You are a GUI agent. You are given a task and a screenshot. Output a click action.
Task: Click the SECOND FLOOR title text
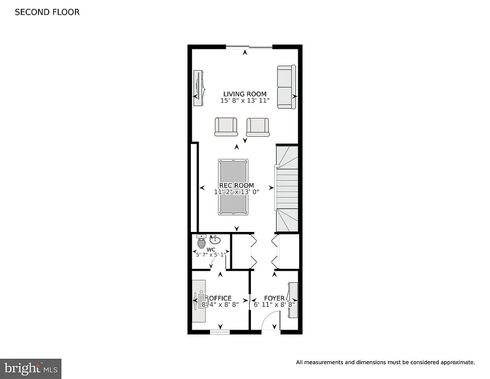click(x=47, y=12)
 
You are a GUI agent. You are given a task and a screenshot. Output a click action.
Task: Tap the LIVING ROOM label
click(x=245, y=94)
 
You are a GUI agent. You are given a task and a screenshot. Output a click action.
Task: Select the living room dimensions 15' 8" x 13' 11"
click(x=245, y=101)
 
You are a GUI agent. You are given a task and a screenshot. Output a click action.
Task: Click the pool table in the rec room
click(x=233, y=188)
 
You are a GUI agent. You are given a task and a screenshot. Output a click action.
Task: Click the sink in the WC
click(x=215, y=240)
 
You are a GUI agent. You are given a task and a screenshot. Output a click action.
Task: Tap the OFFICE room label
click(x=220, y=298)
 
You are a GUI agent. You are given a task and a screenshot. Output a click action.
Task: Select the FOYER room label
click(x=274, y=298)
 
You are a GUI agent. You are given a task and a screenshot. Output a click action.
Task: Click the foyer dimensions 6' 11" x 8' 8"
click(x=274, y=305)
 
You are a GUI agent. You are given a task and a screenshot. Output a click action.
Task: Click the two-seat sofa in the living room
click(x=286, y=87)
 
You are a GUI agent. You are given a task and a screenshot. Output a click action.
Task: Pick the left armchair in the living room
click(x=226, y=127)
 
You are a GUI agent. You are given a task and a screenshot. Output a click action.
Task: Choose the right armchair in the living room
click(x=258, y=127)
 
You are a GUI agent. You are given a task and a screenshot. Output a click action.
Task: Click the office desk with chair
click(x=200, y=301)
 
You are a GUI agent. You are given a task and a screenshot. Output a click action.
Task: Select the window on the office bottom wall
click(x=220, y=332)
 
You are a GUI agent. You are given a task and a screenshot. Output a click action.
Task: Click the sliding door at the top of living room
click(x=249, y=47)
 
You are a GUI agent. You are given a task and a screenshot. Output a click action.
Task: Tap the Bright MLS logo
click(x=31, y=368)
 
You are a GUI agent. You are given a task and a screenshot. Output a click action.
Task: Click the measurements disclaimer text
click(x=385, y=362)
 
